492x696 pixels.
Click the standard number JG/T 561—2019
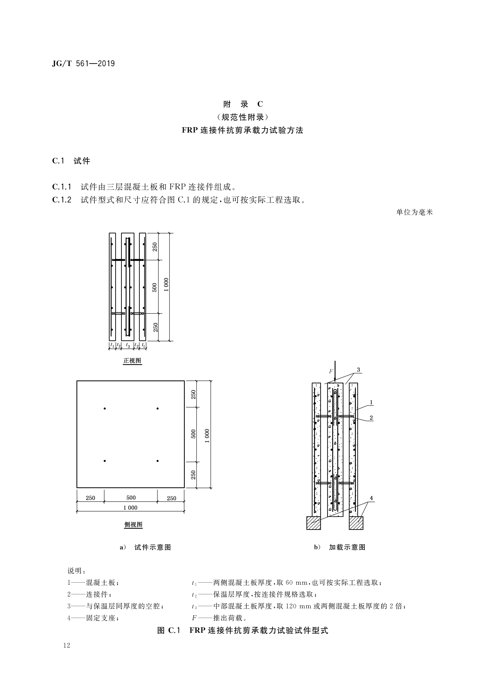(83, 64)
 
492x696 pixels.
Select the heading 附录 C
(243, 104)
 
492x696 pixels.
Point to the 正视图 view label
(132, 361)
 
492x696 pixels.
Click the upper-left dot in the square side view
(105, 409)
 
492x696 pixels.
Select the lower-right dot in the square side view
(158, 461)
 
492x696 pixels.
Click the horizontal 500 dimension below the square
(131, 498)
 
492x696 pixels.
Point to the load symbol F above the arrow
(331, 371)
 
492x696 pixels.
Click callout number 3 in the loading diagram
(358, 370)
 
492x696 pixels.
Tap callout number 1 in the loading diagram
(371, 402)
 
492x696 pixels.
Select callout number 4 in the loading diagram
(371, 498)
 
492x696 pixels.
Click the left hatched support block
(314, 523)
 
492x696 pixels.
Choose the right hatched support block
(356, 523)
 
